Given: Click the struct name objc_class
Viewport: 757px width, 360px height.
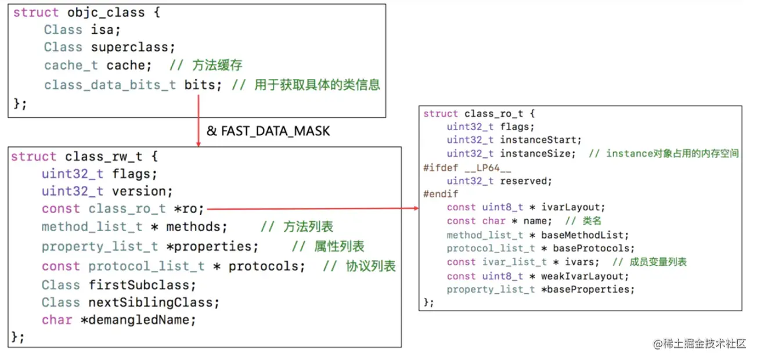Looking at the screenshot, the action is [106, 13].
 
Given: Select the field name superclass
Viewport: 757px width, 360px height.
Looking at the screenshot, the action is [129, 48].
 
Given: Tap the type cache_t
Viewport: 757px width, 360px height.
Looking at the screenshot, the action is [71, 65].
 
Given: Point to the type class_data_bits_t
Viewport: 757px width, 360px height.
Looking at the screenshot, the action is [110, 85].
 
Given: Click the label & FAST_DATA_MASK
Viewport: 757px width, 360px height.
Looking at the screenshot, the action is [268, 131].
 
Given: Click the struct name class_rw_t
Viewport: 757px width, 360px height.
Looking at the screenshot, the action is [104, 157].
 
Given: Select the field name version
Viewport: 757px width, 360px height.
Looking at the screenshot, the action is [139, 192].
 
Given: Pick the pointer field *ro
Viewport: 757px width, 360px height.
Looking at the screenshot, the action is [186, 209].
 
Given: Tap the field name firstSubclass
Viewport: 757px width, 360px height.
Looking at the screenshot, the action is [139, 285].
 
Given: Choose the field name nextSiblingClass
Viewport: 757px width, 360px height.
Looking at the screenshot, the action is [151, 303].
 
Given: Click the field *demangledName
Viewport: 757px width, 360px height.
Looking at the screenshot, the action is [135, 320].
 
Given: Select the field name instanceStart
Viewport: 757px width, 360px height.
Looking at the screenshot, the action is [538, 140].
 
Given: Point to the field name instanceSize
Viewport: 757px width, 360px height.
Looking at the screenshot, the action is [535, 154].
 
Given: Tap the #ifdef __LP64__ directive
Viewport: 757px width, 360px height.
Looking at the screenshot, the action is [467, 168].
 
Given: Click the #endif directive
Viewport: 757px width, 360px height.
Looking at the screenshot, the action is [441, 194].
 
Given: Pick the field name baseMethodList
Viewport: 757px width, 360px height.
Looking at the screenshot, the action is [582, 235].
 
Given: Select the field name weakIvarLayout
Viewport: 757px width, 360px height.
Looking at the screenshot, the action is [582, 276].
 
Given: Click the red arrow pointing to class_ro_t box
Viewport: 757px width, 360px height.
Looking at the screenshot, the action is [313, 208].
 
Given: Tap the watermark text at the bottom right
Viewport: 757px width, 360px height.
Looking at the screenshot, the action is [700, 344].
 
